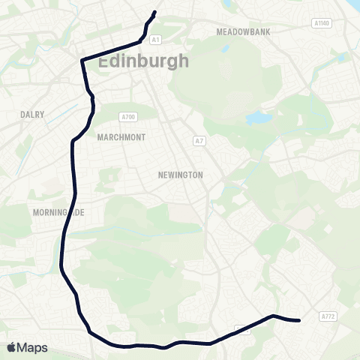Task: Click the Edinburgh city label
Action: (142, 61)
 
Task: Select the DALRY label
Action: (34, 115)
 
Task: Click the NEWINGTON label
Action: (181, 175)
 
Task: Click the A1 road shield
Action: (155, 40)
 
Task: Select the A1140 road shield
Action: (322, 24)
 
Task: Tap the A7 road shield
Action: (199, 141)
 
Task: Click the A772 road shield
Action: (328, 317)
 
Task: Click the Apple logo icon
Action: (12, 347)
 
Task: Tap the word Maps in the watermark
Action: (34, 347)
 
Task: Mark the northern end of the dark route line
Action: (154, 12)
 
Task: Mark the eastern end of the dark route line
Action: (298, 320)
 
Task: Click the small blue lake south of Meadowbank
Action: (257, 118)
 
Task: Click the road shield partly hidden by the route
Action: (242, 329)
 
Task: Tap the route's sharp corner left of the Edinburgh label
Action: (82, 58)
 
